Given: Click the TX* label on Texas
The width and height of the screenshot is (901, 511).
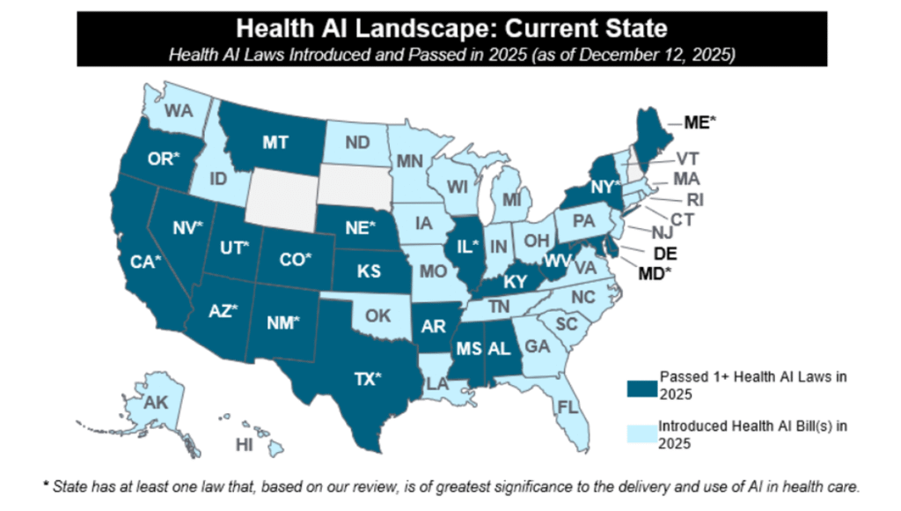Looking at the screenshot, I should tap(367, 380).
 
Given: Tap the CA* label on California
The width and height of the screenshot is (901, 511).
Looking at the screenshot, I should tap(144, 262).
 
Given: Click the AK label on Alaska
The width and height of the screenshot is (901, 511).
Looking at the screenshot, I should tap(156, 403).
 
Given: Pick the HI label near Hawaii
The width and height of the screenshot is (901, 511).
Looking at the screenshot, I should tap(244, 445).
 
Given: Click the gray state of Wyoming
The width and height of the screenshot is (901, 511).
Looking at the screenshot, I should tap(281, 195).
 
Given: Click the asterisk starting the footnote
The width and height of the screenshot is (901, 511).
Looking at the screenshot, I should tap(46, 485).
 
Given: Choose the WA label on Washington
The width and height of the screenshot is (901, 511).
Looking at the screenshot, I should tap(179, 112).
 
